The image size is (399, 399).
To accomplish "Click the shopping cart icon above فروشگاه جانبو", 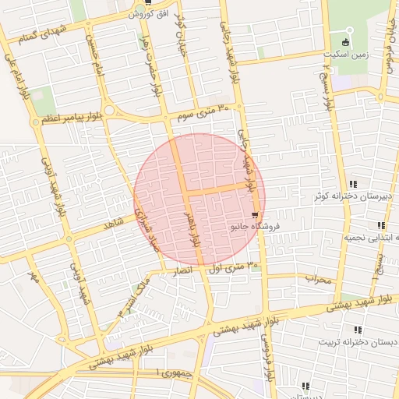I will point(255,214).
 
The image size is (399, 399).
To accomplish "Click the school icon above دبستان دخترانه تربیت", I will point(358,330).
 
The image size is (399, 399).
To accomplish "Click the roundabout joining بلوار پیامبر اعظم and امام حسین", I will point(109,111).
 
